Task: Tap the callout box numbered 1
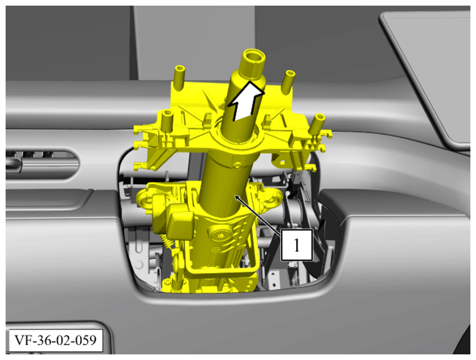coord(297,245)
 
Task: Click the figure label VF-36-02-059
coord(56,341)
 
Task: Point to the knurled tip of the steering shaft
coord(253,64)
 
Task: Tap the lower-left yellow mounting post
coord(167,121)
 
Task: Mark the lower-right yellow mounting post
coord(317,123)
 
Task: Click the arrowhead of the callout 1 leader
coord(237,197)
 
